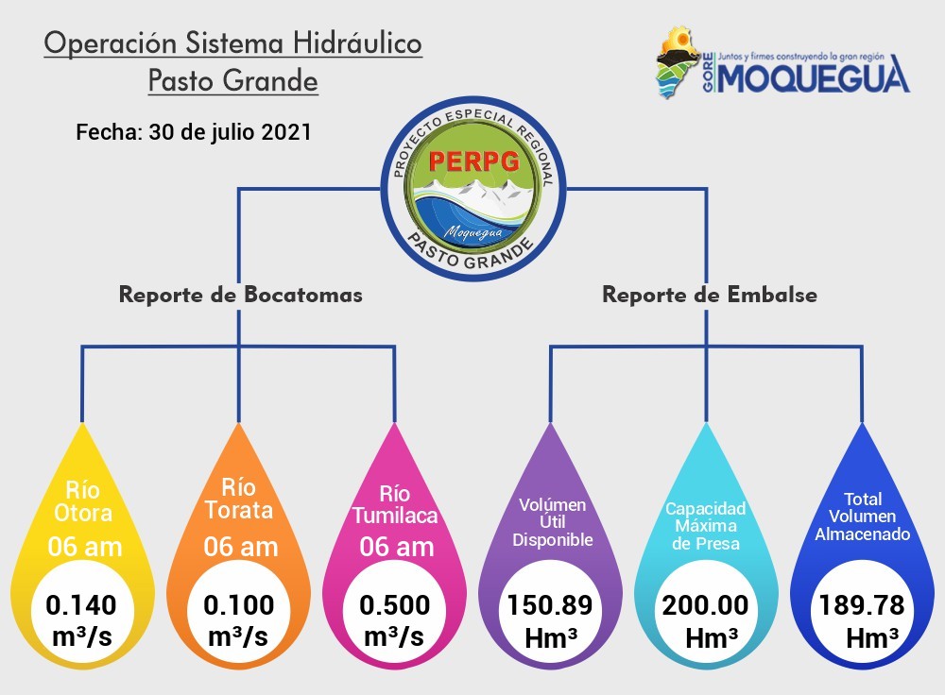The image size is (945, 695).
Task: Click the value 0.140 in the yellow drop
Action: (x=81, y=605)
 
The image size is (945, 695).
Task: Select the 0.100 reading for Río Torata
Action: (x=239, y=605)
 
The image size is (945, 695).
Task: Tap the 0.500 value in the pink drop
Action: (x=395, y=605)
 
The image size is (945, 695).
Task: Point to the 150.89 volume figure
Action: (x=550, y=605)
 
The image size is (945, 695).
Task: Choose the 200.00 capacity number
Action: (x=706, y=605)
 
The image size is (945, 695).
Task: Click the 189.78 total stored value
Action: (x=862, y=605)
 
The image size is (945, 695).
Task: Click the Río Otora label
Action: (x=83, y=501)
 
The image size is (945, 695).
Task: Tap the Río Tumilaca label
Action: (x=395, y=504)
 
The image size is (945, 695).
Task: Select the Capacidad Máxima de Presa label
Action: (x=706, y=526)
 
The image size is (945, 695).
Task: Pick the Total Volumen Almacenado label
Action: (x=863, y=517)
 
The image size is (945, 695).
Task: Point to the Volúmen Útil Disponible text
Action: (x=552, y=522)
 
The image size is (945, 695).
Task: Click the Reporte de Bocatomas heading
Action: (x=240, y=295)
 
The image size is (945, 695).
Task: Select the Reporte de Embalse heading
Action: (x=710, y=295)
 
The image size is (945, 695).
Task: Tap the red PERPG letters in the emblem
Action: (x=474, y=161)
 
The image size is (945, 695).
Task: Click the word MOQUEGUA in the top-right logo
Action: (x=815, y=76)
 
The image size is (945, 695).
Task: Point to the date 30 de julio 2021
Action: (x=231, y=132)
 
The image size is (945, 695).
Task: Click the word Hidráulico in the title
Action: (x=357, y=43)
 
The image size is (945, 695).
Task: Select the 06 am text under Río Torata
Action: (x=240, y=547)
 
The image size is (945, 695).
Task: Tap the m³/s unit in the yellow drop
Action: (x=82, y=636)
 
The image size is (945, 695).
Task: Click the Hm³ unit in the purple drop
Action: (x=551, y=638)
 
